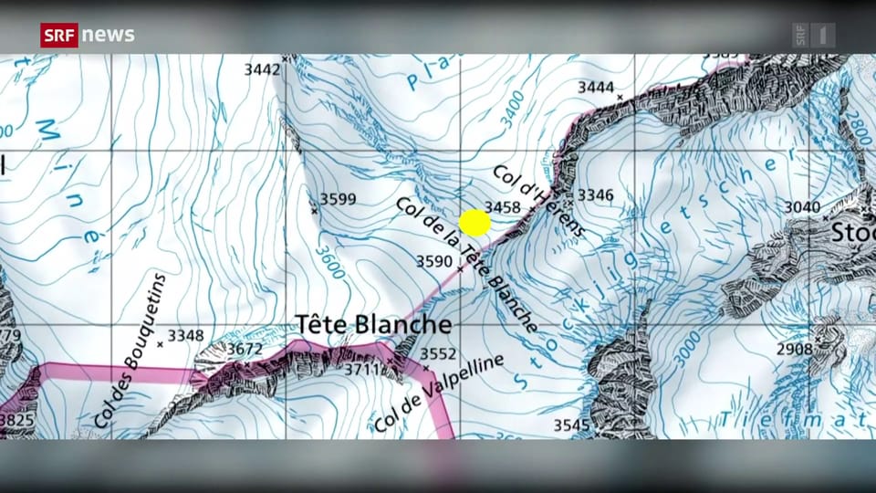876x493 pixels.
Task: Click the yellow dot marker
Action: pyautogui.click(x=474, y=223)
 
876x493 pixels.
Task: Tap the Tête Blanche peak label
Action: pyautogui.click(x=373, y=324)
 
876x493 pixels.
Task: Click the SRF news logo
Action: pyautogui.click(x=88, y=35)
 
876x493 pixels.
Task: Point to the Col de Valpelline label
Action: pyautogui.click(x=438, y=394)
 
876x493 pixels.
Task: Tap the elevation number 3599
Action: pyautogui.click(x=338, y=199)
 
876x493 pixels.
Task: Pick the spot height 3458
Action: pyautogui.click(x=503, y=207)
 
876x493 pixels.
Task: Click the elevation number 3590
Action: pyautogui.click(x=434, y=261)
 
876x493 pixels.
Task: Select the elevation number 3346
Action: pyautogui.click(x=596, y=194)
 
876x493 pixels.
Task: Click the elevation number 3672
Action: pyautogui.click(x=245, y=348)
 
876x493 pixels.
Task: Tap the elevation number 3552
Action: pyautogui.click(x=438, y=353)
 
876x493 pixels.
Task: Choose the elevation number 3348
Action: pyautogui.click(x=185, y=335)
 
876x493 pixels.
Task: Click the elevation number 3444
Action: pyautogui.click(x=596, y=87)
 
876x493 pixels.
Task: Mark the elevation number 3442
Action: pyautogui.click(x=262, y=68)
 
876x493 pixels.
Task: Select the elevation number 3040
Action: pyautogui.click(x=802, y=207)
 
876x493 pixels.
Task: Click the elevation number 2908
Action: pyautogui.click(x=795, y=349)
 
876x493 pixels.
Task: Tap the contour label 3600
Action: pyautogui.click(x=329, y=260)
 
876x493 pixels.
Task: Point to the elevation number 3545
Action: pyautogui.click(x=572, y=425)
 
